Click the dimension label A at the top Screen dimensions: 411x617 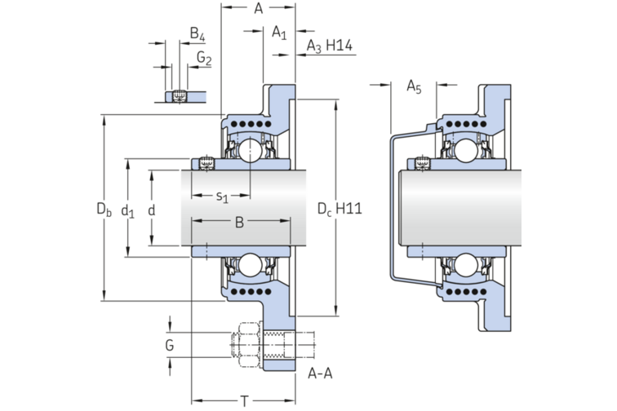258,9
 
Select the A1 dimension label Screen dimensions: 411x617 279,33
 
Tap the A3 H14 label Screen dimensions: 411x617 329,46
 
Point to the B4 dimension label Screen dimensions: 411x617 197,33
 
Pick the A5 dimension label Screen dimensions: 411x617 414,88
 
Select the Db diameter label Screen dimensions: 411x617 104,210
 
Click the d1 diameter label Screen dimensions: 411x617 128,211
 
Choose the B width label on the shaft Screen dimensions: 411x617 239,221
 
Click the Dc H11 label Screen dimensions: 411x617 339,209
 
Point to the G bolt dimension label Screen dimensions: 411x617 170,346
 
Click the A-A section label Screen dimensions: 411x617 320,374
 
